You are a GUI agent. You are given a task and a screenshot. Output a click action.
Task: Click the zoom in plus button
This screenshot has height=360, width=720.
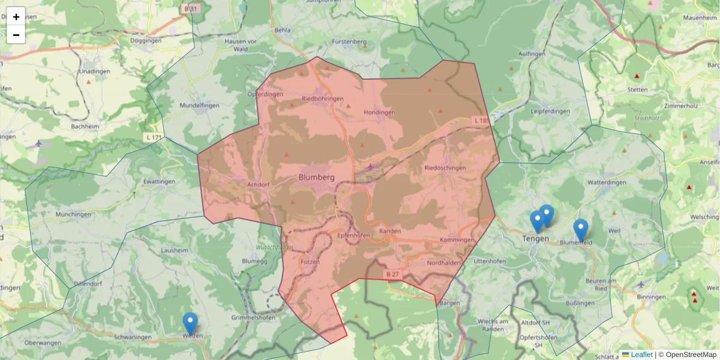[16, 17]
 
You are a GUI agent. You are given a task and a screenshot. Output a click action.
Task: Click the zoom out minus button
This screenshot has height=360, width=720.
[16, 35]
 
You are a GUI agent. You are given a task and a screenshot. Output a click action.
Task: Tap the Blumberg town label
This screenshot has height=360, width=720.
[316, 177]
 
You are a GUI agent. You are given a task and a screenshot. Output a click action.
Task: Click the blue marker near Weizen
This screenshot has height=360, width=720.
[190, 323]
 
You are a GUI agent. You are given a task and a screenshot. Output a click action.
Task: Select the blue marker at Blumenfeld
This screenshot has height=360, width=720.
[580, 230]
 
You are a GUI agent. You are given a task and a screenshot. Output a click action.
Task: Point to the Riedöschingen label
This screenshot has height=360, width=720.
[445, 168]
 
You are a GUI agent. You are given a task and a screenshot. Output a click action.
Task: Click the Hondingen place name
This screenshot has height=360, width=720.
[379, 112]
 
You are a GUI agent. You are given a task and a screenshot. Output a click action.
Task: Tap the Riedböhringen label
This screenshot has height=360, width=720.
[322, 98]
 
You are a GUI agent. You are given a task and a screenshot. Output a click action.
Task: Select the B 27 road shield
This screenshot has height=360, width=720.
[392, 274]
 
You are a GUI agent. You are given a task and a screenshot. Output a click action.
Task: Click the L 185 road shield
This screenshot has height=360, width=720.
[481, 121]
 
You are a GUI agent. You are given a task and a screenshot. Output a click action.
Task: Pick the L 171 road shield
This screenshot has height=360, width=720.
[154, 138]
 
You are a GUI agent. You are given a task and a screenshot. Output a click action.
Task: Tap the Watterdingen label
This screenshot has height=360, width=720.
[607, 182]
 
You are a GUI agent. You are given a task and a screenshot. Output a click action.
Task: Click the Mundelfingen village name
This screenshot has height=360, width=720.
[199, 105]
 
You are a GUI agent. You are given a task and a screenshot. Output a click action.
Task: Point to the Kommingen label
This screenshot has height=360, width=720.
[457, 240]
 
